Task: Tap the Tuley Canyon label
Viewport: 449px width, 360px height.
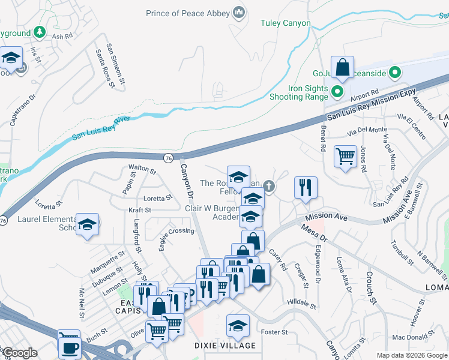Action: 286,23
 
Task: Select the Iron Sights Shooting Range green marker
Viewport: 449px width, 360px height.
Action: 337,93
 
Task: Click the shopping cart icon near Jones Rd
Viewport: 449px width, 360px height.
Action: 345,157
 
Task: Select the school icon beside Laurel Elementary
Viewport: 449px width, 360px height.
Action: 88,224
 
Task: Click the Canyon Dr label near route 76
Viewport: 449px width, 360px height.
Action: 187,181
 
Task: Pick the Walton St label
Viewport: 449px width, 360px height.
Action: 142,170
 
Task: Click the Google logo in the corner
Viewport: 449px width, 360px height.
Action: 19,353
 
